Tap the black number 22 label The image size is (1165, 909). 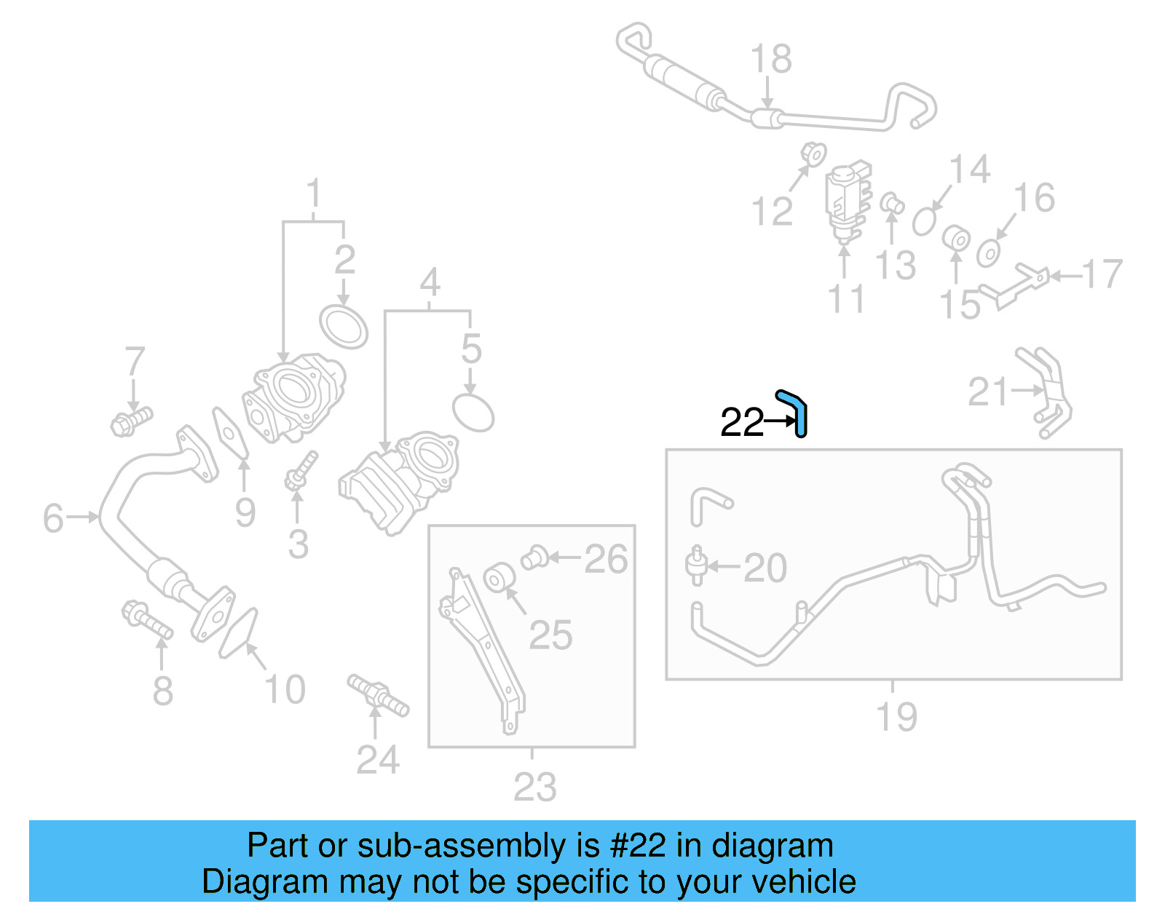coord(742,422)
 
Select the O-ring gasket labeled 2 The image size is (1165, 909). coord(344,328)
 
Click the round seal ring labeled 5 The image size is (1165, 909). coord(473,413)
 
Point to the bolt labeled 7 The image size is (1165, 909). coord(131,421)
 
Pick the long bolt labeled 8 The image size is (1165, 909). coord(148,620)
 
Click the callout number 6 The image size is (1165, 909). coord(53,518)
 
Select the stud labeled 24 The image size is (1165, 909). coord(378,695)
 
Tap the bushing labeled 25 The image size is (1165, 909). coord(499,577)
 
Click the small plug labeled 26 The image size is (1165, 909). coord(534,558)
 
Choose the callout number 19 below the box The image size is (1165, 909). coord(896,717)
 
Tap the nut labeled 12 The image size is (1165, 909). coord(813,155)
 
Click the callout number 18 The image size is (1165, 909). coord(771,59)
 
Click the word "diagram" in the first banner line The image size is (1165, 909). coord(772,846)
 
